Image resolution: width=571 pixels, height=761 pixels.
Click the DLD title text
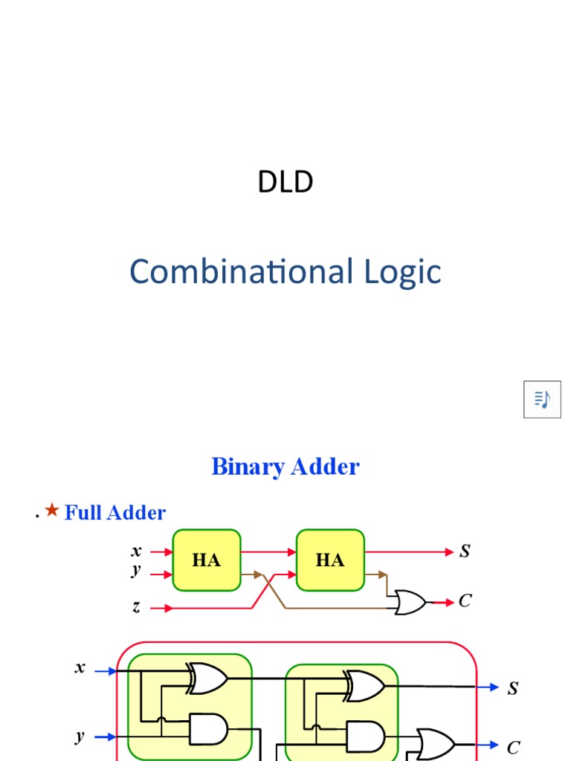[285, 182]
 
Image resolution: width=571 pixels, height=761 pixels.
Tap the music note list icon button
[542, 399]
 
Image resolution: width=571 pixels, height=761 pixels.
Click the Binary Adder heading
[285, 467]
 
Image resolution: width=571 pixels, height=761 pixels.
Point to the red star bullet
[51, 510]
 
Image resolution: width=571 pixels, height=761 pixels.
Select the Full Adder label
[115, 513]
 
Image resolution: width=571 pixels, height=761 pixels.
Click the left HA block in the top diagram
[207, 560]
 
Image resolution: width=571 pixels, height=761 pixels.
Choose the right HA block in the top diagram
[330, 560]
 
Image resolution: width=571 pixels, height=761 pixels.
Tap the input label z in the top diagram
[136, 607]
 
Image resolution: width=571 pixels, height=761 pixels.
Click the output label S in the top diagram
[465, 551]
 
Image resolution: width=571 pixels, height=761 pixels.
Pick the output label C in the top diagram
[465, 600]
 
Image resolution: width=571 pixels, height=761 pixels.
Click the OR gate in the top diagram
[410, 602]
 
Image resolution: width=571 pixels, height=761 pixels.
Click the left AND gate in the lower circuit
[208, 729]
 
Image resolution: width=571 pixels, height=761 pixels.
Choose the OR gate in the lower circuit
[436, 744]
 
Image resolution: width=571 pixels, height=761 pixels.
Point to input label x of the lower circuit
[80, 667]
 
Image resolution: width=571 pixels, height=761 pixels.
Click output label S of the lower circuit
[513, 689]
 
